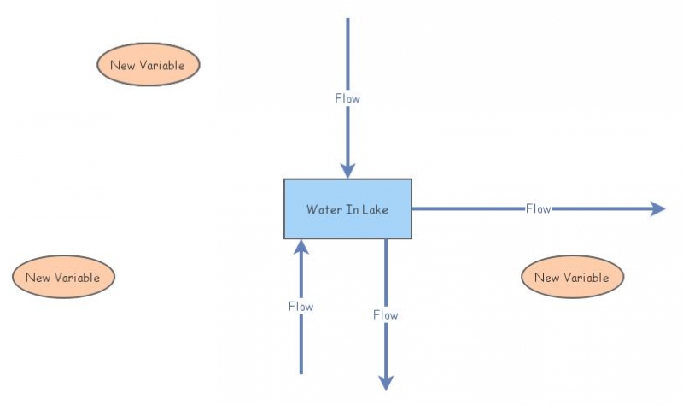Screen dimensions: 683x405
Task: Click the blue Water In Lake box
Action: [347, 208]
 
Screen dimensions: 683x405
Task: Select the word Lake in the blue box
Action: [375, 209]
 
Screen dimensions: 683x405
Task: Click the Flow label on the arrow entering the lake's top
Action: [347, 98]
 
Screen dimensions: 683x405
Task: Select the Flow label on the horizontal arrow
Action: [539, 208]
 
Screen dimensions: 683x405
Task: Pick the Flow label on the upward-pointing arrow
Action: [301, 307]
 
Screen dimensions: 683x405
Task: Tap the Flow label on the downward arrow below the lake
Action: [386, 314]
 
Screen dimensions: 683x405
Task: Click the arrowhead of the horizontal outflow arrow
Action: [657, 208]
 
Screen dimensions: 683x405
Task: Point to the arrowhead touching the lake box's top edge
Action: [347, 171]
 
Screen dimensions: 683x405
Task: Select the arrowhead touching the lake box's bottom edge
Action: [301, 246]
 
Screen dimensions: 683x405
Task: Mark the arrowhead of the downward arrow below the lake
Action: [386, 383]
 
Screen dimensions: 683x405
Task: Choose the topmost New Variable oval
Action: [148, 65]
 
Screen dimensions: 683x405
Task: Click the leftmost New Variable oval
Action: [63, 277]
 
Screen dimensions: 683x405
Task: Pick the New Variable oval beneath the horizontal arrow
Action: [572, 277]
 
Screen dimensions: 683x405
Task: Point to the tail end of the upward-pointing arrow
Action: [301, 373]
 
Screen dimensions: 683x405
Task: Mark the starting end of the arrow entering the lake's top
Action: [347, 18]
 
